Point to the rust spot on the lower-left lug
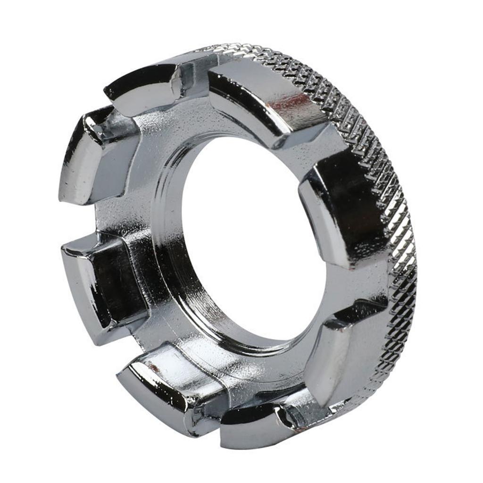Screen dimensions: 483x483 (x=150, y=365)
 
